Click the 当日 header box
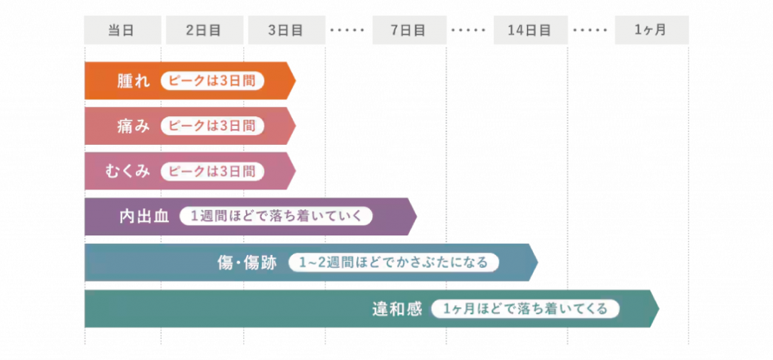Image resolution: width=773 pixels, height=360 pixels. [x=122, y=30]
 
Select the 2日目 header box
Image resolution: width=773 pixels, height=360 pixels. [x=203, y=30]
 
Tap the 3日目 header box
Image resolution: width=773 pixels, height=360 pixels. [x=285, y=30]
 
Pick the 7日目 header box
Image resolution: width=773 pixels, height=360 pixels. [x=408, y=30]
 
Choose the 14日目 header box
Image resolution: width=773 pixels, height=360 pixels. [x=529, y=30]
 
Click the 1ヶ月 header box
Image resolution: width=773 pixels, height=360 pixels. [x=651, y=30]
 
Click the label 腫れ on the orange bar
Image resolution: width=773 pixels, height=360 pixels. [x=134, y=82]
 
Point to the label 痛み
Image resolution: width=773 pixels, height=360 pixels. [x=134, y=126]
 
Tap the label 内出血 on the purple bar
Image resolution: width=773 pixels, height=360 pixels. [x=144, y=217]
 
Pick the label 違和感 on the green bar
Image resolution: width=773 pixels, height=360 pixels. [x=396, y=309]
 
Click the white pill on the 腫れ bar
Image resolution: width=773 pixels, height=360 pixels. [x=212, y=82]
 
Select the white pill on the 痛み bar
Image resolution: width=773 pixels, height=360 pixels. [x=212, y=126]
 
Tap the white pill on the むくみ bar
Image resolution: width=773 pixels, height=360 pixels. [x=212, y=171]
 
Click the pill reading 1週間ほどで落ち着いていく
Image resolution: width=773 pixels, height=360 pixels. [x=276, y=217]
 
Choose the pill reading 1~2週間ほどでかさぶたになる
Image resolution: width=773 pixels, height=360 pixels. [x=394, y=263]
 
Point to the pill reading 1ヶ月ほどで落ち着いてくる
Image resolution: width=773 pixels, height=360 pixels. [x=525, y=309]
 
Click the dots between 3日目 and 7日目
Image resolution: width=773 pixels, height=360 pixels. [x=347, y=30]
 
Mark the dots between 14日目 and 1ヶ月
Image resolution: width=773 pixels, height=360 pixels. [x=590, y=30]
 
